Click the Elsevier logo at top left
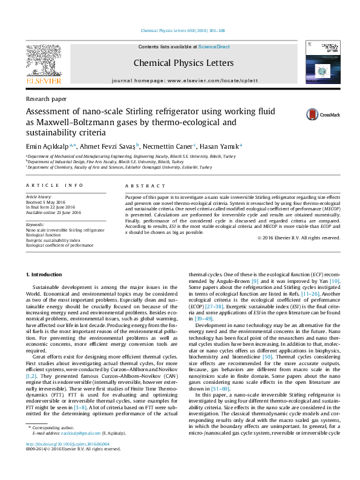tap(43, 63)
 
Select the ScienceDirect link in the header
tap(214, 47)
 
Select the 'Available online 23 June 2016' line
tap(54, 212)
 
